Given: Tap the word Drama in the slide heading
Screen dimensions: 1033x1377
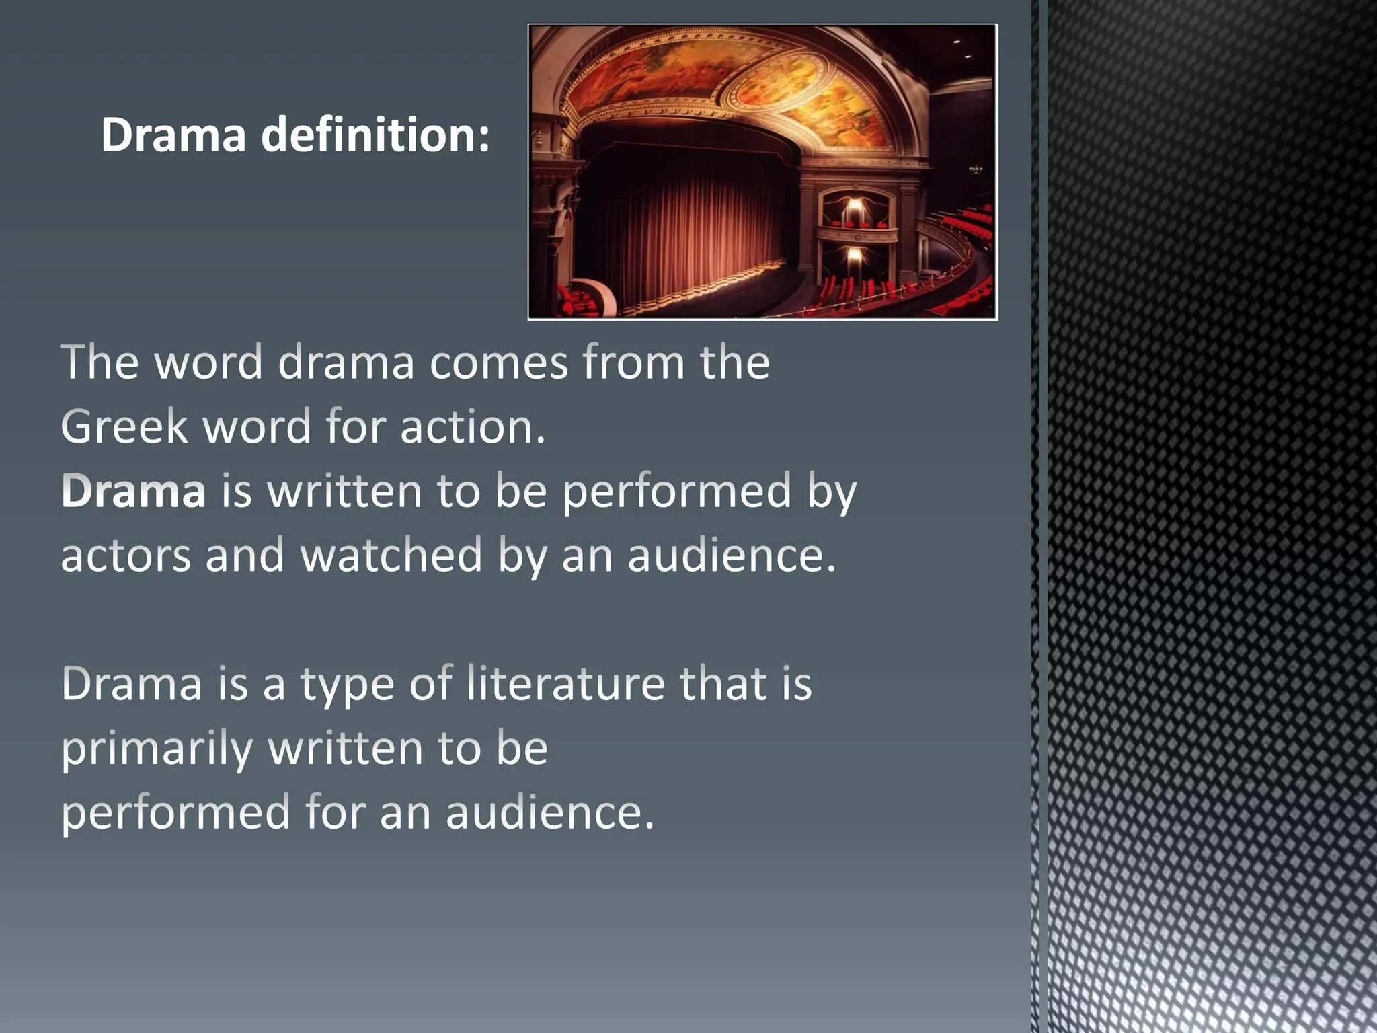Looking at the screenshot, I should (173, 135).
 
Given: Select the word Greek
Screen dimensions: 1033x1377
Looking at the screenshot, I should (124, 426).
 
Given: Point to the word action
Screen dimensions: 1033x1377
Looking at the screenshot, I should (472, 426).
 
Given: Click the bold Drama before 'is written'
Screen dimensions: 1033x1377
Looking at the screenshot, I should (133, 491).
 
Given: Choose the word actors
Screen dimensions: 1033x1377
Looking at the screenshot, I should (126, 556).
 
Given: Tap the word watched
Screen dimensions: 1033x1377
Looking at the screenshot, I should (391, 556).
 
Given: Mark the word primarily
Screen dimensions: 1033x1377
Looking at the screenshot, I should (157, 748).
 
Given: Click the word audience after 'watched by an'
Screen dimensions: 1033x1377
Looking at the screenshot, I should (732, 556).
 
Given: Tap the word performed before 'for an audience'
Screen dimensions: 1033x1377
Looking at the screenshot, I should (175, 812).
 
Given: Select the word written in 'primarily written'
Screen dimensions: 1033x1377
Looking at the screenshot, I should (346, 748).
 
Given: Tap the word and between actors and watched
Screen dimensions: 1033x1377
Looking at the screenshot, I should (245, 556).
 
